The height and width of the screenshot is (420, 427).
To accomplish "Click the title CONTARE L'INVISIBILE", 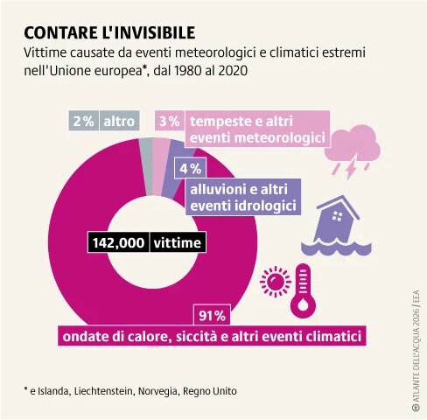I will tap(108, 32).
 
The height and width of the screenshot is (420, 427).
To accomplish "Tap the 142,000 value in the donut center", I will tap(117, 242).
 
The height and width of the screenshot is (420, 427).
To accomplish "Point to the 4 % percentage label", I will tap(191, 168).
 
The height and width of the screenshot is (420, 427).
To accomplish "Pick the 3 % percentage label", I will tap(170, 122).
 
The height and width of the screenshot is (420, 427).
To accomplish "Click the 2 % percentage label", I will tap(84, 122).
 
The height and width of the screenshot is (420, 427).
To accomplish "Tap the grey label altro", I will tap(120, 122).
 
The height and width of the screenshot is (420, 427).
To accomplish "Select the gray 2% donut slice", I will tap(146, 154).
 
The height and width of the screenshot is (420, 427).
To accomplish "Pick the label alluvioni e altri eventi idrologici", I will tap(242, 197).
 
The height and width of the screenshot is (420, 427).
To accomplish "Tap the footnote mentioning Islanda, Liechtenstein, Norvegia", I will tap(130, 390).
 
